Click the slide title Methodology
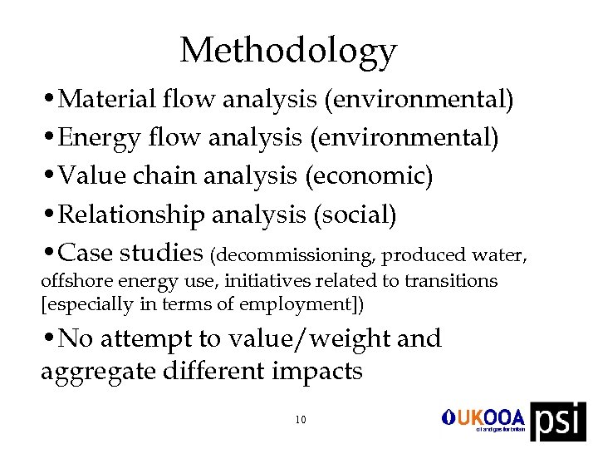click(288, 51)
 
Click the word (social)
click(355, 215)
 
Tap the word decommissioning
click(297, 254)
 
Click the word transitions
click(453, 281)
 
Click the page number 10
click(300, 420)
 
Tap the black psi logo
click(557, 422)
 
